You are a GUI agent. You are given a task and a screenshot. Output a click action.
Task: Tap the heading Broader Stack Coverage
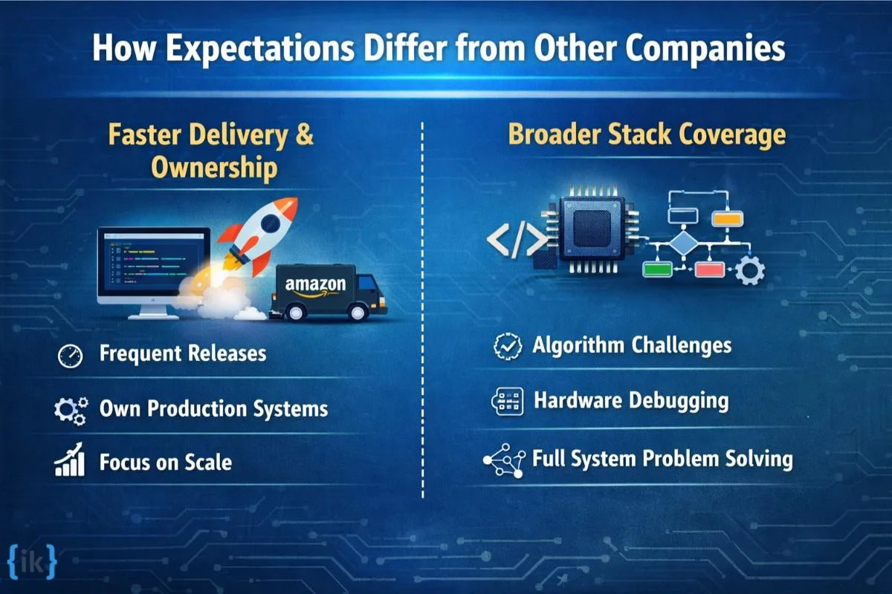[x=647, y=135]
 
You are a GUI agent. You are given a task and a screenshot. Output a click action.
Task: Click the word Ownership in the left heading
[x=214, y=168]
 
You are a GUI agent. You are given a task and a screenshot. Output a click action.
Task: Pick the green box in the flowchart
[x=657, y=269]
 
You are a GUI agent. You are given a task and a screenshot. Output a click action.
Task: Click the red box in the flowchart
[x=709, y=269]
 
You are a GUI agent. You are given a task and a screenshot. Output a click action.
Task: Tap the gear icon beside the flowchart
[x=749, y=270]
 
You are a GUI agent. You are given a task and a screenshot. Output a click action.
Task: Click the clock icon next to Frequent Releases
[x=70, y=356]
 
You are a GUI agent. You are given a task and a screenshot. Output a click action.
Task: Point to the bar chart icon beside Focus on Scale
[x=70, y=463]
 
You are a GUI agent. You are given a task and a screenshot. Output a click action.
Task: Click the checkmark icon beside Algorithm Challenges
[x=508, y=346]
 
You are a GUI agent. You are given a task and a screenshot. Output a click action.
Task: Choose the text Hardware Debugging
[x=630, y=401]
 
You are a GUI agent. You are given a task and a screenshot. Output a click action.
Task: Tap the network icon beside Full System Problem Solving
[x=504, y=460]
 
